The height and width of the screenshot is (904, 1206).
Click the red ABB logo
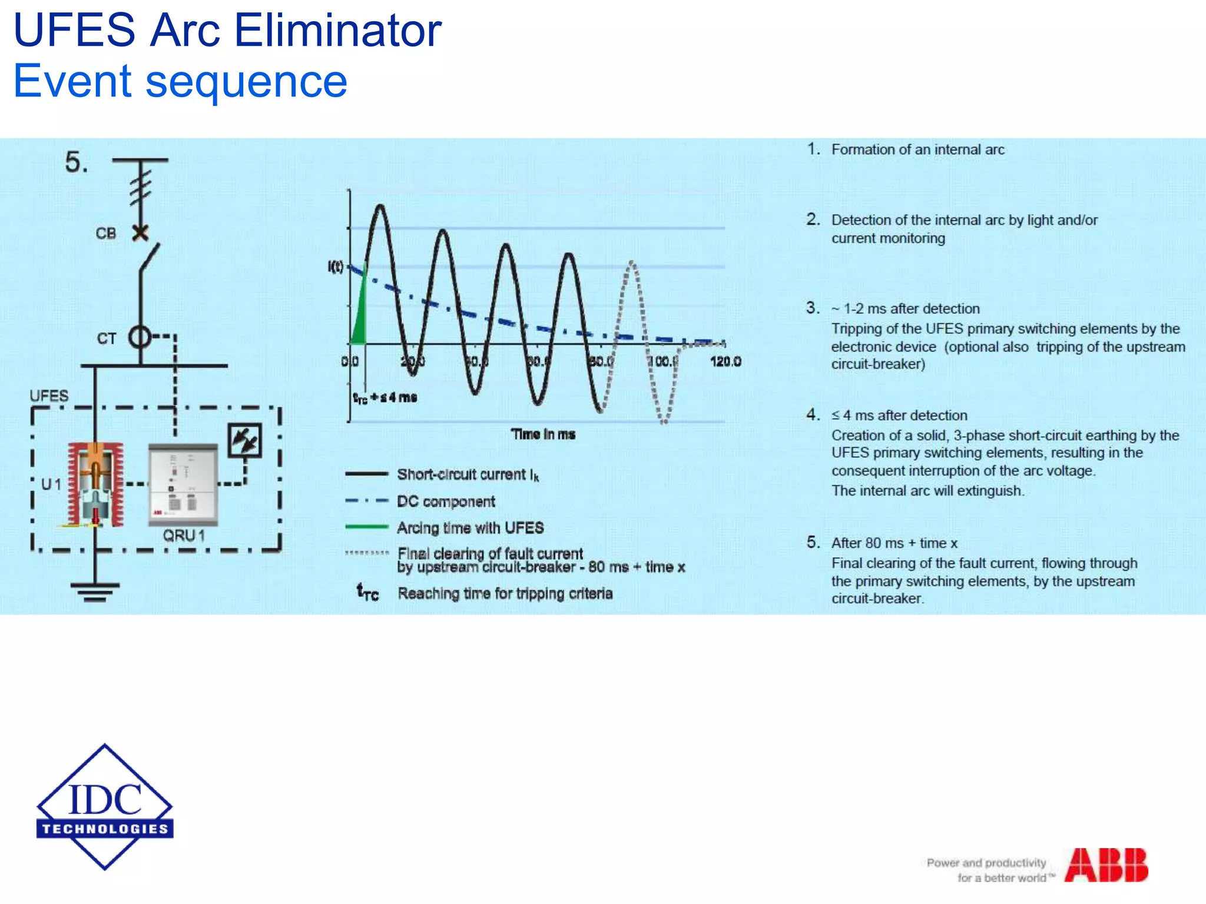[x=1106, y=865]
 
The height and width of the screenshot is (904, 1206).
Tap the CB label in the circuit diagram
[x=106, y=234]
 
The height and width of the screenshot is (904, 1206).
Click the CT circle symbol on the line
[x=140, y=337]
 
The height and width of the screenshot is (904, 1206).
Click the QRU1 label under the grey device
[x=184, y=536]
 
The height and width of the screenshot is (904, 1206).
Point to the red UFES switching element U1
[x=95, y=484]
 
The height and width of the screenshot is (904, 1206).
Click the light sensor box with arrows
[x=244, y=440]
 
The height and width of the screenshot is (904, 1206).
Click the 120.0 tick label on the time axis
[x=725, y=361]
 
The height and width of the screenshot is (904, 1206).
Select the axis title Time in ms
[x=543, y=434]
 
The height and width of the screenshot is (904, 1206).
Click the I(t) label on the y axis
[x=336, y=267]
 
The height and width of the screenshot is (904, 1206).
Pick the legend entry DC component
[x=446, y=501]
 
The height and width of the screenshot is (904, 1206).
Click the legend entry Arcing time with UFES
[x=470, y=528]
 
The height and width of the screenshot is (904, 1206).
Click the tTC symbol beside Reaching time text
[x=367, y=591]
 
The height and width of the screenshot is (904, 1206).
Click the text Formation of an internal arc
[x=917, y=149]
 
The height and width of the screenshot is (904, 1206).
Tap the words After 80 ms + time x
[x=894, y=543]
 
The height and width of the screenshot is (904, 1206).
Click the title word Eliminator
[x=338, y=31]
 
